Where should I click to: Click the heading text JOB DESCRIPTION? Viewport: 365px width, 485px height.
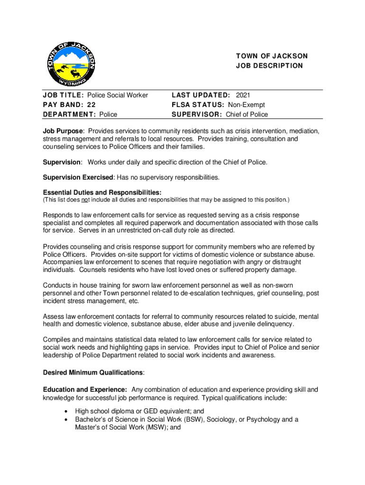269,66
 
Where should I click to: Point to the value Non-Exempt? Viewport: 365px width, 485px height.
246,105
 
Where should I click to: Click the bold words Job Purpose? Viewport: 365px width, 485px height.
63,131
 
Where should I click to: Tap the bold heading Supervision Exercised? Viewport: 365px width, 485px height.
78,177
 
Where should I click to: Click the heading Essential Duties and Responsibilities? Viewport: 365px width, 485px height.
102,192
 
